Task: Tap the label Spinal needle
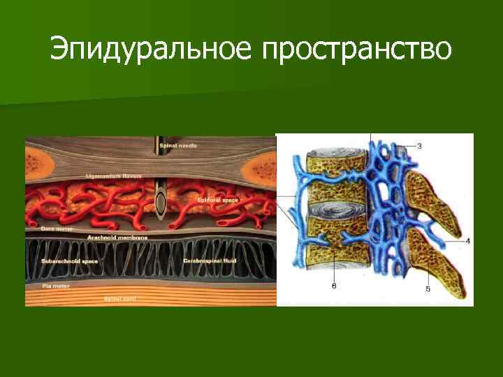click(178, 145)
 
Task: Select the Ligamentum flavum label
click(113, 176)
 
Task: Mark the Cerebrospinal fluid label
click(210, 260)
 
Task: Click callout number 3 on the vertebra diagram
click(419, 146)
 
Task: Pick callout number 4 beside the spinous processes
click(467, 242)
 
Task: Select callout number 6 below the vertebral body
click(334, 285)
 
